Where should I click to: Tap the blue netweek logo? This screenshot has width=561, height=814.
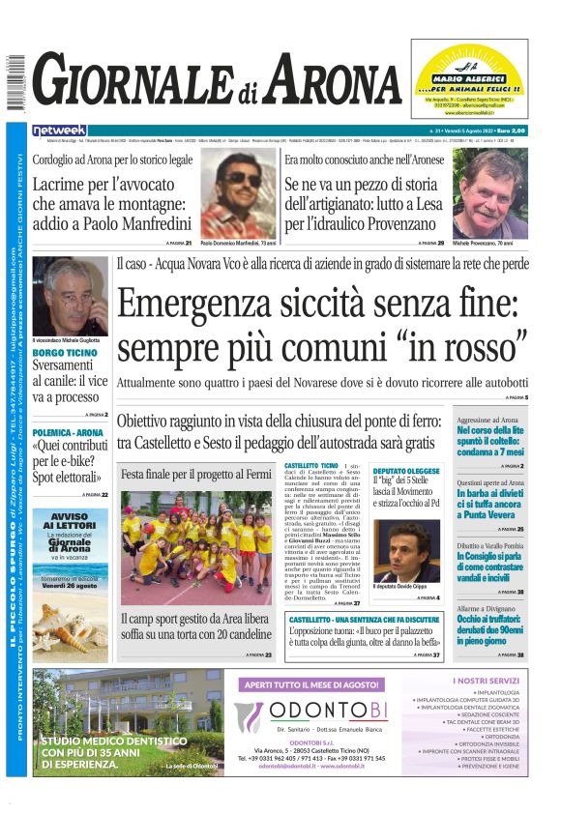click(60, 130)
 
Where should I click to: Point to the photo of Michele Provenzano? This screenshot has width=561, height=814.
click(490, 193)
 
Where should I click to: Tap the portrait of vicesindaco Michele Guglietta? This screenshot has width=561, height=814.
click(70, 296)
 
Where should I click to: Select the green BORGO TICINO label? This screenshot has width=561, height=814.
click(64, 352)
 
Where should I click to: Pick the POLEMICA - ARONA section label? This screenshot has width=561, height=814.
click(68, 432)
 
